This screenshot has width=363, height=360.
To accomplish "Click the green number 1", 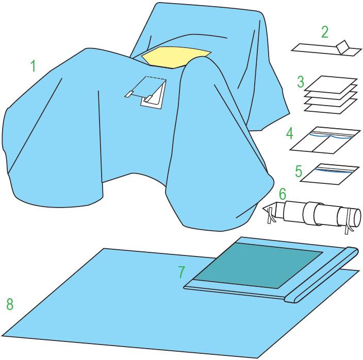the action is (x=34, y=65).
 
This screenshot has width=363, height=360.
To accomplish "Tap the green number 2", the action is (x=325, y=32).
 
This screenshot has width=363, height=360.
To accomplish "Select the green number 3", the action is (x=301, y=82).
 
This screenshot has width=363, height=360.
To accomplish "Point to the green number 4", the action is (x=290, y=133).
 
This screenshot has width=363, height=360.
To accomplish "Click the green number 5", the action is (x=299, y=171).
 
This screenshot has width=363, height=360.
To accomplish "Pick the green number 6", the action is (x=283, y=194).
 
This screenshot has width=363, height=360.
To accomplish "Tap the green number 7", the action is (x=181, y=272).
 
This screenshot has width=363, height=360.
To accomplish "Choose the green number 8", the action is (x=10, y=304).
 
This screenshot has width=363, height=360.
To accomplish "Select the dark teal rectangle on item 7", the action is (x=258, y=266).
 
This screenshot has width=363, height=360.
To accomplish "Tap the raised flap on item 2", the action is (x=342, y=47).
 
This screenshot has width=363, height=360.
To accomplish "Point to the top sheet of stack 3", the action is (x=331, y=84).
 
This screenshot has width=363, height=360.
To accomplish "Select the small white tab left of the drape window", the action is (x=129, y=94).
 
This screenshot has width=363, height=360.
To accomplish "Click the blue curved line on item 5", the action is (x=335, y=171).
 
